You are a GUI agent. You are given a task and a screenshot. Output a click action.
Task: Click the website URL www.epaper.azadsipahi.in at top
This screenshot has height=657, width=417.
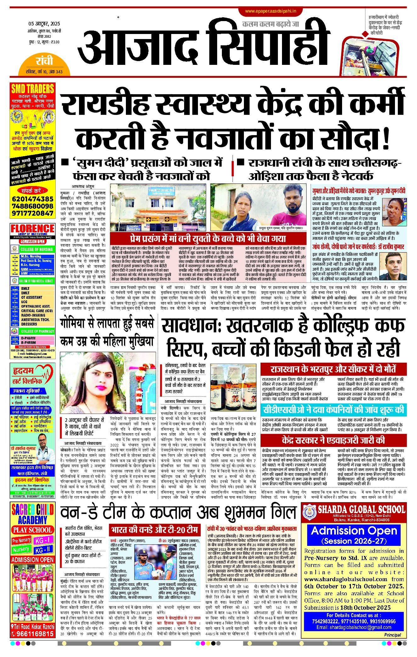271,11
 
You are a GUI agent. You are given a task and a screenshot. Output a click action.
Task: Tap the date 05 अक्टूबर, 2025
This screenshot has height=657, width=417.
44,24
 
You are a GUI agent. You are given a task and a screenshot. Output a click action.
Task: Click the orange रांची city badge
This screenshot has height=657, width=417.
44,61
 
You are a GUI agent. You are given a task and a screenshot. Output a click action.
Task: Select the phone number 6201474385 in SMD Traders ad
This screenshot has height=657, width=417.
32,199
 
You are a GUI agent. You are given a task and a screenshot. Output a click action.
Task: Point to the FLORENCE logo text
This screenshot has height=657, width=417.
32,228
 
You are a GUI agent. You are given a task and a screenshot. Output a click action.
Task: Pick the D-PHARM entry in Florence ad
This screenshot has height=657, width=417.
28,338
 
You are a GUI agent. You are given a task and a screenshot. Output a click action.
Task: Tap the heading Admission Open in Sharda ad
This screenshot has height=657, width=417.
354,531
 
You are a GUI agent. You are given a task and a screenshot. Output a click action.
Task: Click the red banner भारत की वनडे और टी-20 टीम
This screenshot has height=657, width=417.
155,530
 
